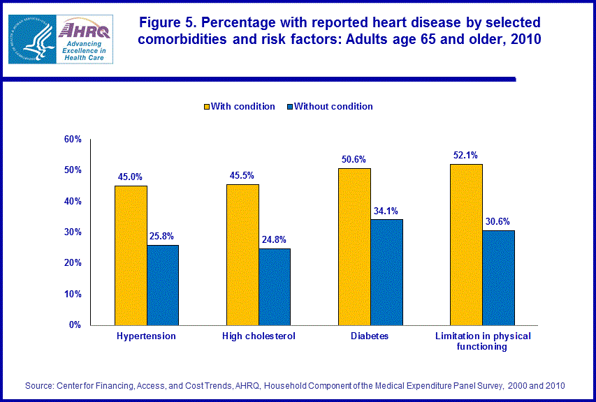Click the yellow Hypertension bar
[131, 255]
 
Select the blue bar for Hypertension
[163, 285]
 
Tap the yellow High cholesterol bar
[242, 254]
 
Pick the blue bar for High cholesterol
[275, 286]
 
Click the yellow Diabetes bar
[354, 246]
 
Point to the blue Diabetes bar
[386, 271]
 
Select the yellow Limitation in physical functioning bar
[466, 244]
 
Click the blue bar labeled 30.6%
[498, 277]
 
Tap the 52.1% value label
[466, 154]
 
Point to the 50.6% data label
[354, 159]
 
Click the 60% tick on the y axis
[73, 140]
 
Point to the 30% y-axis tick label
[73, 232]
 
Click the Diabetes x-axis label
[370, 336]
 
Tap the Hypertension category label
[147, 336]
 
